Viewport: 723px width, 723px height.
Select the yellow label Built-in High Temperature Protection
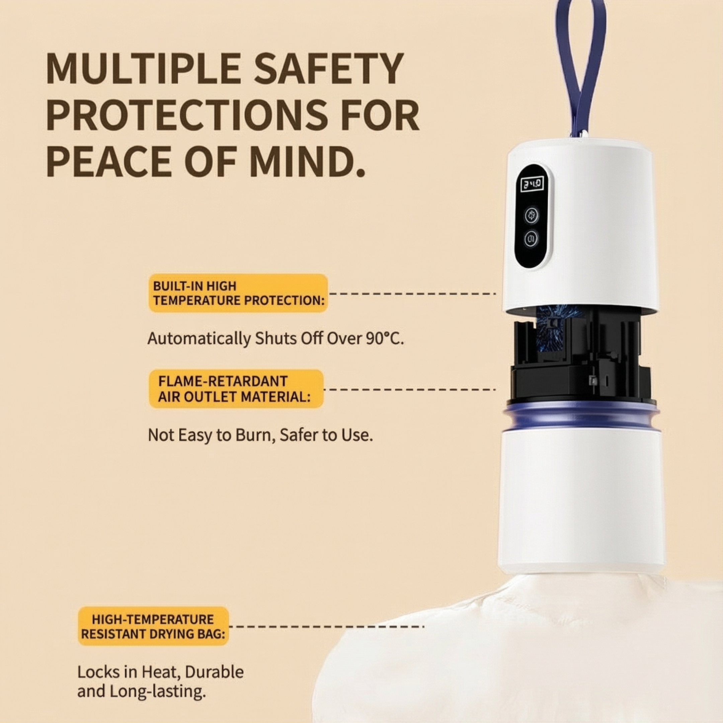pos(238,293)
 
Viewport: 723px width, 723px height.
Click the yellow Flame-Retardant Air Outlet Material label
pos(236,389)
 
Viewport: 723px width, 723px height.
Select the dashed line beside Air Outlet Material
pos(410,389)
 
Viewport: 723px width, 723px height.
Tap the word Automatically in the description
pos(199,339)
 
